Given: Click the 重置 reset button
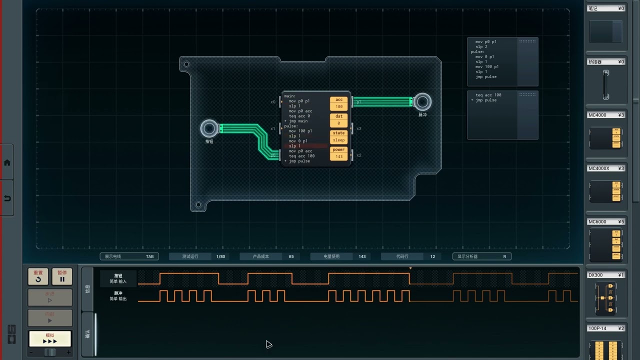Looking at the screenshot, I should pyautogui.click(x=38, y=276).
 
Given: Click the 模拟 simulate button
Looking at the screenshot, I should pyautogui.click(x=50, y=338).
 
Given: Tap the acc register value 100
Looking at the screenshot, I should pyautogui.click(x=339, y=106).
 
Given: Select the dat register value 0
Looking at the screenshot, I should pyautogui.click(x=339, y=123).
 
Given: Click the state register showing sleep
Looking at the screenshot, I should pyautogui.click(x=339, y=140).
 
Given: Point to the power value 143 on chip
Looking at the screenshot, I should pyautogui.click(x=339, y=156).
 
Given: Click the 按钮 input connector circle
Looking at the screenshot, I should pyautogui.click(x=209, y=128).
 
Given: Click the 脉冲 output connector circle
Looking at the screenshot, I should pyautogui.click(x=422, y=101).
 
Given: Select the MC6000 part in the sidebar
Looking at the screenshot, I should pyautogui.click(x=606, y=244).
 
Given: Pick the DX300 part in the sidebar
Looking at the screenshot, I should pyautogui.click(x=606, y=297).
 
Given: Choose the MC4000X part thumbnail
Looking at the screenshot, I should pyautogui.click(x=606, y=191).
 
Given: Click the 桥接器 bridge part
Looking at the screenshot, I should pyautogui.click(x=606, y=85).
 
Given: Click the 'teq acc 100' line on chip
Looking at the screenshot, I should pyautogui.click(x=301, y=156).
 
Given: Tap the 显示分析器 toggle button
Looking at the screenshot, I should pyautogui.click(x=481, y=256).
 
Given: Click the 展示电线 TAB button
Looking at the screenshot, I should pyautogui.click(x=129, y=256).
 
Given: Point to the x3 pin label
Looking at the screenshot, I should pyautogui.click(x=358, y=128).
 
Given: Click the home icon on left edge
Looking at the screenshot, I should pyautogui.click(x=7, y=162).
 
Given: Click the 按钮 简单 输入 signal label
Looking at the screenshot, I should pyautogui.click(x=118, y=278).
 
